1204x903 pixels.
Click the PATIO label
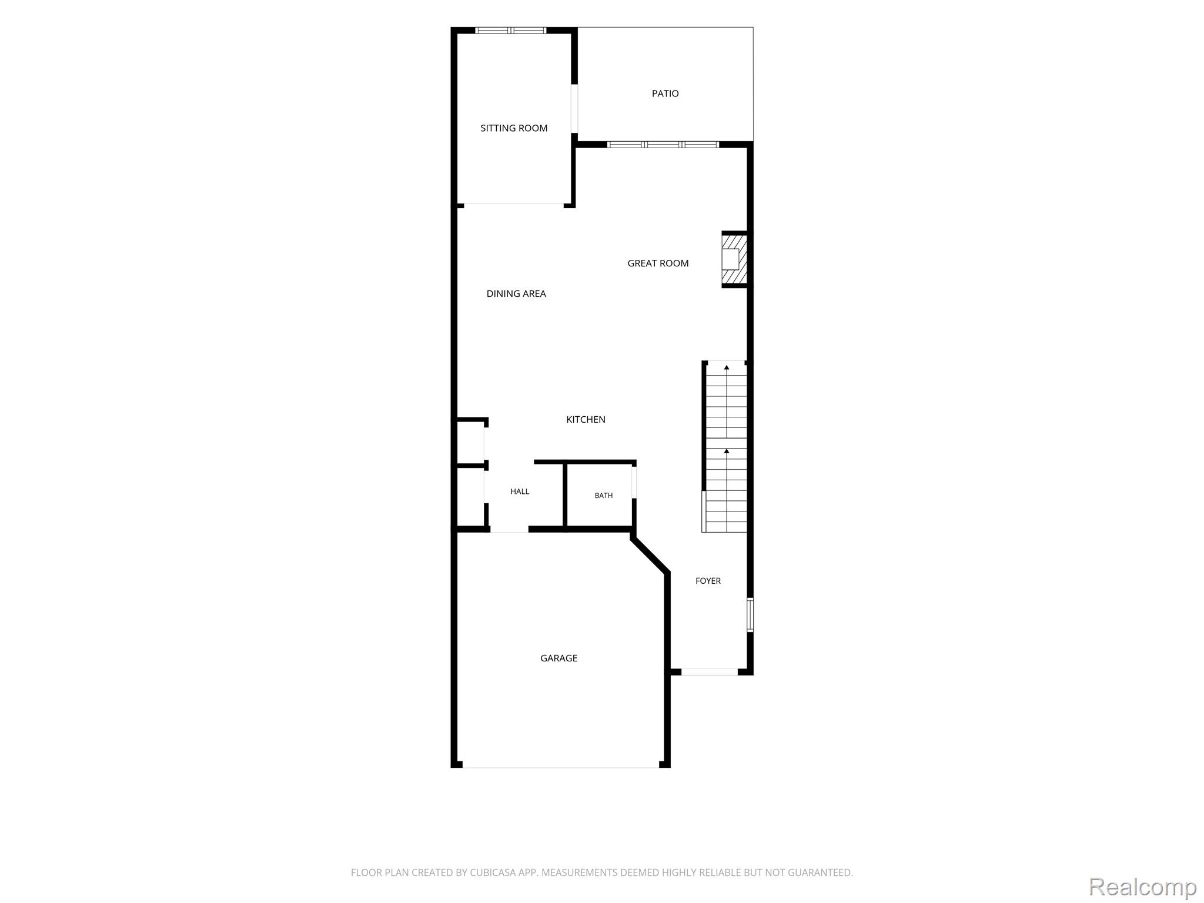tap(665, 93)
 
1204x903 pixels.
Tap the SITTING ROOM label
tap(514, 128)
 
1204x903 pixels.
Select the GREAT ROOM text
tap(658, 263)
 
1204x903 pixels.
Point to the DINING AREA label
tap(516, 294)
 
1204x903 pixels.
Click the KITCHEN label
tap(586, 420)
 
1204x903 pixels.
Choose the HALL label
tap(520, 491)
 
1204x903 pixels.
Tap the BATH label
tap(604, 496)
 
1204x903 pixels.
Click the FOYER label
tap(708, 581)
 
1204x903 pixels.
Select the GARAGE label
tap(558, 658)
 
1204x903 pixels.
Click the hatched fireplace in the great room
tap(735, 259)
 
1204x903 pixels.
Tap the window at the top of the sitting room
tap(511, 31)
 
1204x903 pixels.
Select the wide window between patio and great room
tap(663, 145)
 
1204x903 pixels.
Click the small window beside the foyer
tap(750, 614)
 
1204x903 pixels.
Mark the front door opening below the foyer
tap(710, 671)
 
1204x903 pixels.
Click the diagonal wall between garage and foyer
tap(650, 554)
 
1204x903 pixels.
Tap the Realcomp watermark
tap(1143, 886)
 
